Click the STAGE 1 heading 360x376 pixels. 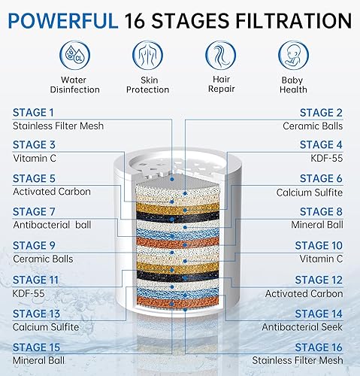tap(34, 113)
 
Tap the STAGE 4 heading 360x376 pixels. tap(322, 145)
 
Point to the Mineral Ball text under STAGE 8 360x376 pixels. tap(316, 224)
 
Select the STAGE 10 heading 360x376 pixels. tap(318, 245)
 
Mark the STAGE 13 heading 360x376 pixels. tap(36, 314)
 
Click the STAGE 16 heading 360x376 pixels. tap(319, 347)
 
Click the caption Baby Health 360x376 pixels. tap(293, 85)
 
